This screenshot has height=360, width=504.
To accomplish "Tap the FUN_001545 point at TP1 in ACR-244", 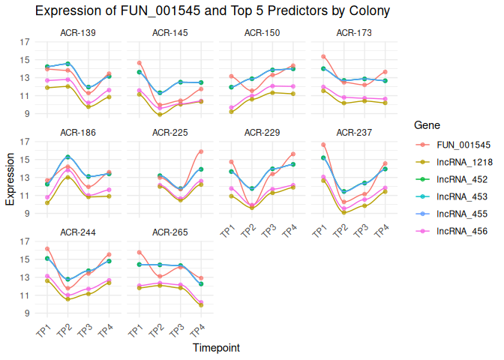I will point(46,249).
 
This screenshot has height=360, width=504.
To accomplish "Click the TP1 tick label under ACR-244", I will point(44,331).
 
